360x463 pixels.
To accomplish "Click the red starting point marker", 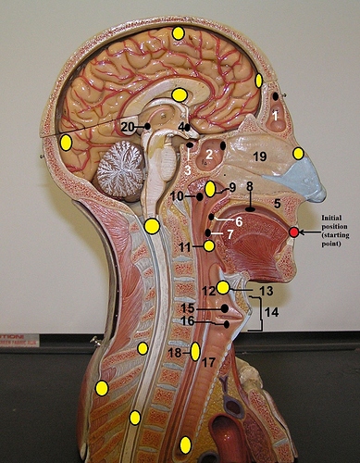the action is [x=293, y=232].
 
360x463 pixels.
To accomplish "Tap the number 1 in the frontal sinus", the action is [x=275, y=117].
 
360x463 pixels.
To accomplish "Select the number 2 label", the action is [x=209, y=155].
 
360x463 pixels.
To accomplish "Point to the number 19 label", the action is [x=260, y=156].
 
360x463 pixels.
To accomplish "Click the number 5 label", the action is [x=278, y=204].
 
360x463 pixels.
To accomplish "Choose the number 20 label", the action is [x=128, y=127].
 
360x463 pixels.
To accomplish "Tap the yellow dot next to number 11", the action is [x=209, y=246].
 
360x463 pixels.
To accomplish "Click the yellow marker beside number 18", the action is [x=195, y=351].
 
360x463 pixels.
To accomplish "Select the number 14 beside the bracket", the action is [x=271, y=312].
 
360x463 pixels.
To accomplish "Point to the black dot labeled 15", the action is [x=225, y=308].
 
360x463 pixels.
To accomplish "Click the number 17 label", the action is [x=208, y=362].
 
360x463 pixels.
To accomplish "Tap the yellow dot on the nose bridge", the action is [x=298, y=154].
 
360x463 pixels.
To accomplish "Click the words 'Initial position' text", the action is [x=334, y=221].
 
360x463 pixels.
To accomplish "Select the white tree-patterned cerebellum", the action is [x=120, y=169].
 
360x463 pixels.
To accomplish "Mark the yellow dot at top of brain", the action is [x=178, y=33].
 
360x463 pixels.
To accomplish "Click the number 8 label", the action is [x=250, y=186].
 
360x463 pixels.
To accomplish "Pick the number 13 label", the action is [x=266, y=291].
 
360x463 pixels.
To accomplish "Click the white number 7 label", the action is [x=230, y=234].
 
